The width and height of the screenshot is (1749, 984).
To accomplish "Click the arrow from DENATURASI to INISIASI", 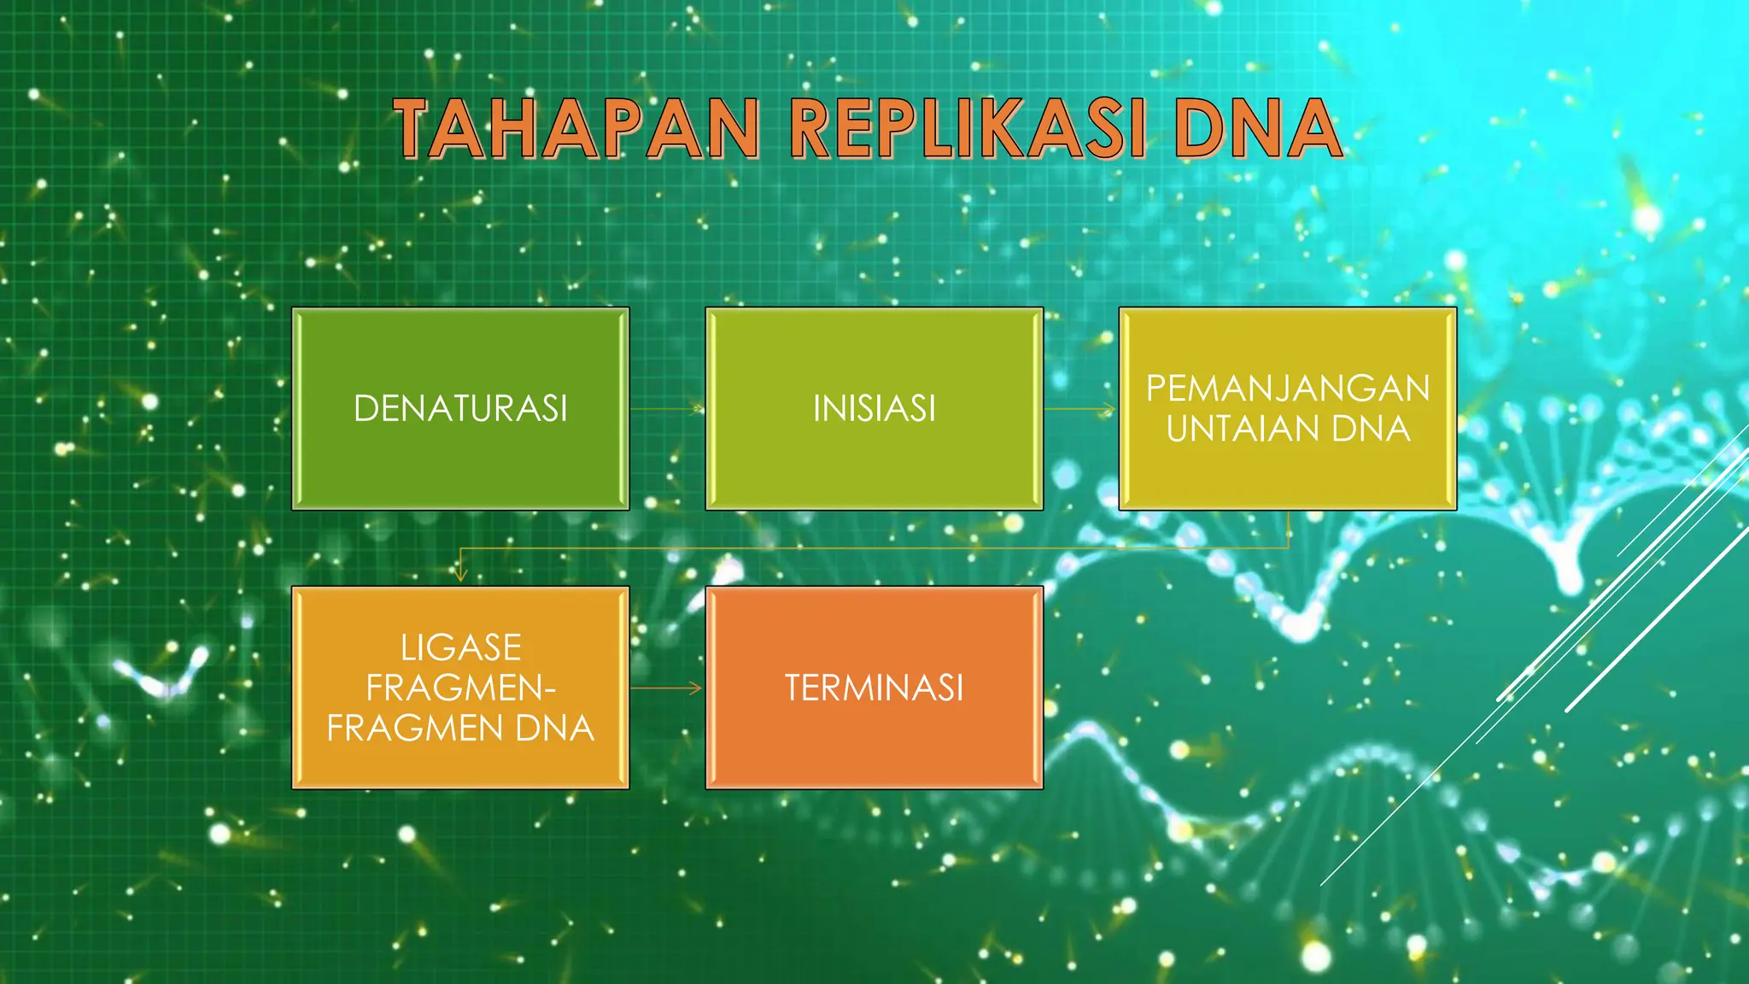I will click(x=667, y=409).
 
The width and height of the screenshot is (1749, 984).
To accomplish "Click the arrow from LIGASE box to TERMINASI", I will click(x=667, y=688).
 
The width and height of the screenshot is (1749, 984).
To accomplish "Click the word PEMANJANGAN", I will click(x=1287, y=389).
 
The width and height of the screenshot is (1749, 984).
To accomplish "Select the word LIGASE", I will click(x=460, y=647).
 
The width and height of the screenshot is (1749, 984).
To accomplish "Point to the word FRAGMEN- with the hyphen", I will click(x=460, y=688).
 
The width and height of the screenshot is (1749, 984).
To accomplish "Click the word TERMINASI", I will click(x=874, y=688).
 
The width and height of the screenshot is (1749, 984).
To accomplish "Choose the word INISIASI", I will click(x=874, y=408).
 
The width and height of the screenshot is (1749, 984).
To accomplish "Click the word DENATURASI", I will click(x=460, y=408).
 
